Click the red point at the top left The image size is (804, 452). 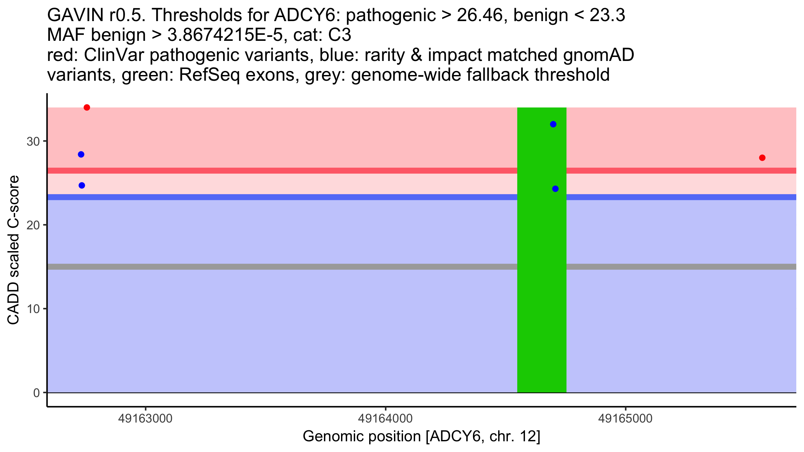(87, 107)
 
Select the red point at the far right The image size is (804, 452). (762, 158)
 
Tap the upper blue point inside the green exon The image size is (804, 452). (553, 124)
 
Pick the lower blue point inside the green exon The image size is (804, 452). (555, 189)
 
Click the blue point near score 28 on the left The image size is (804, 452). (81, 154)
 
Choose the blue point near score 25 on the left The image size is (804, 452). (82, 185)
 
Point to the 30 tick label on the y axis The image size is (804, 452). (33, 141)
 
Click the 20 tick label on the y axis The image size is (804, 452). (33, 225)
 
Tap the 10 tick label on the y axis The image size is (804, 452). (33, 309)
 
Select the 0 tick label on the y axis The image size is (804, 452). (37, 393)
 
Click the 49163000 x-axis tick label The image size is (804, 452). (145, 419)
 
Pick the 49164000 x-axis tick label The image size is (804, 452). (386, 419)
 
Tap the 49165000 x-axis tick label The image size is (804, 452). (625, 419)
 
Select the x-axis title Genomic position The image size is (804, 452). (421, 437)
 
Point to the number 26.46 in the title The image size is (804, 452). (482, 15)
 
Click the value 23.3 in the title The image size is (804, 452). (607, 15)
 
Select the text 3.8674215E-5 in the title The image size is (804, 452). (225, 35)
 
